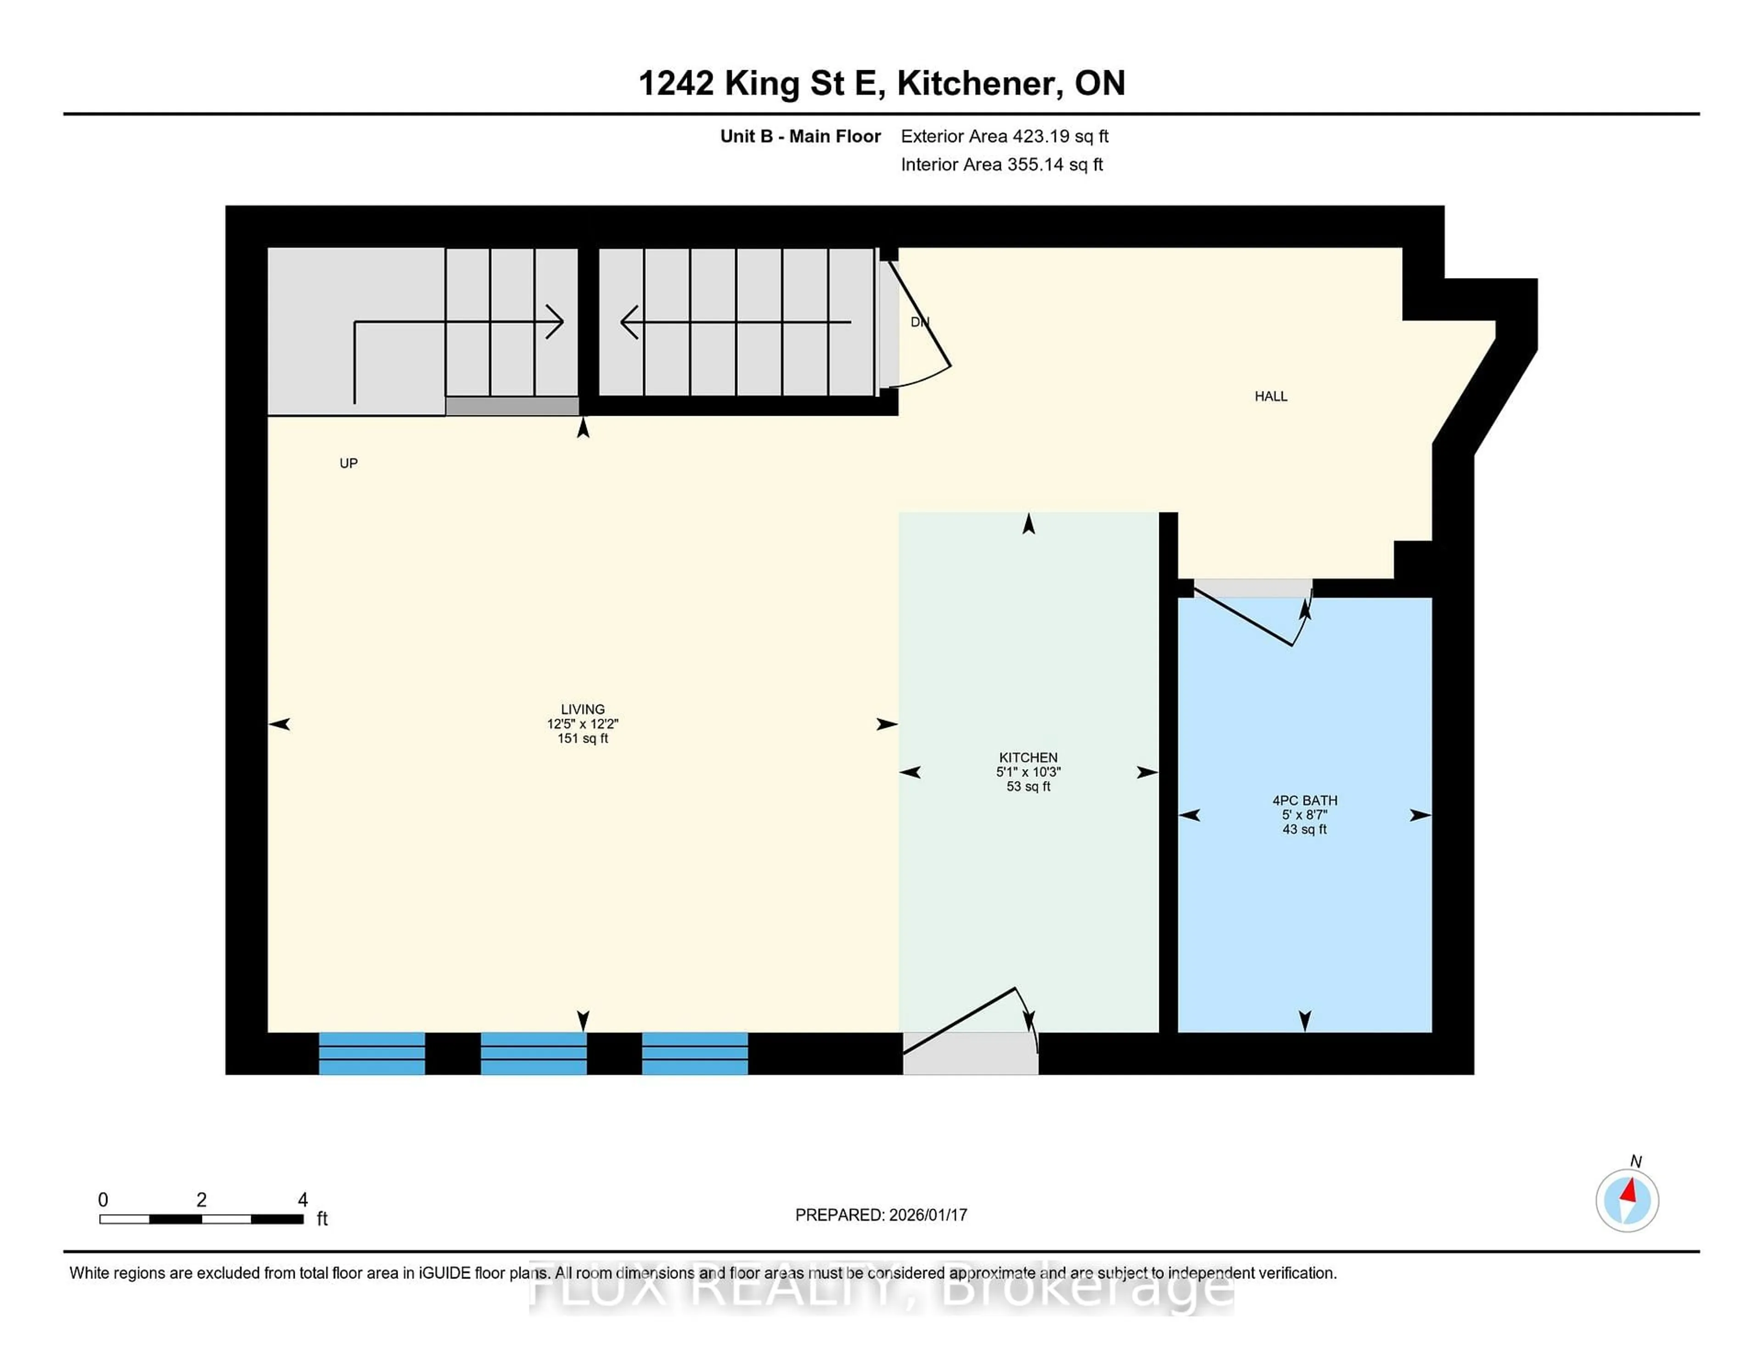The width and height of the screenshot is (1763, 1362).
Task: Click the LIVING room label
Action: coord(582,709)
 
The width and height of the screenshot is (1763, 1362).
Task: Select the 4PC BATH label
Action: coord(1304,800)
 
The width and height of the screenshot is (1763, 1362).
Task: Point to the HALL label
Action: coord(1270,396)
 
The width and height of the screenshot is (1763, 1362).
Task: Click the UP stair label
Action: coord(348,463)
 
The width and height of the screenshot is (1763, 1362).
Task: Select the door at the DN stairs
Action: coord(920,323)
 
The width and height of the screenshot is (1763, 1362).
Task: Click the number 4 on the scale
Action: coord(303,1200)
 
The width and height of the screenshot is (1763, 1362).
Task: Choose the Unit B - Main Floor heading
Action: coord(800,136)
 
